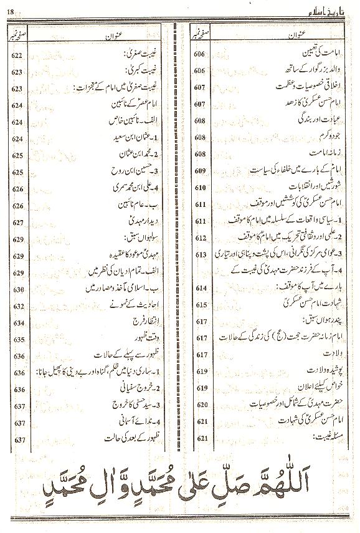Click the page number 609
click(200, 171)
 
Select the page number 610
click(200, 188)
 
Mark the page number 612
click(200, 238)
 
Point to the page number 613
click(200, 255)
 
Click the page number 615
click(200, 305)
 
